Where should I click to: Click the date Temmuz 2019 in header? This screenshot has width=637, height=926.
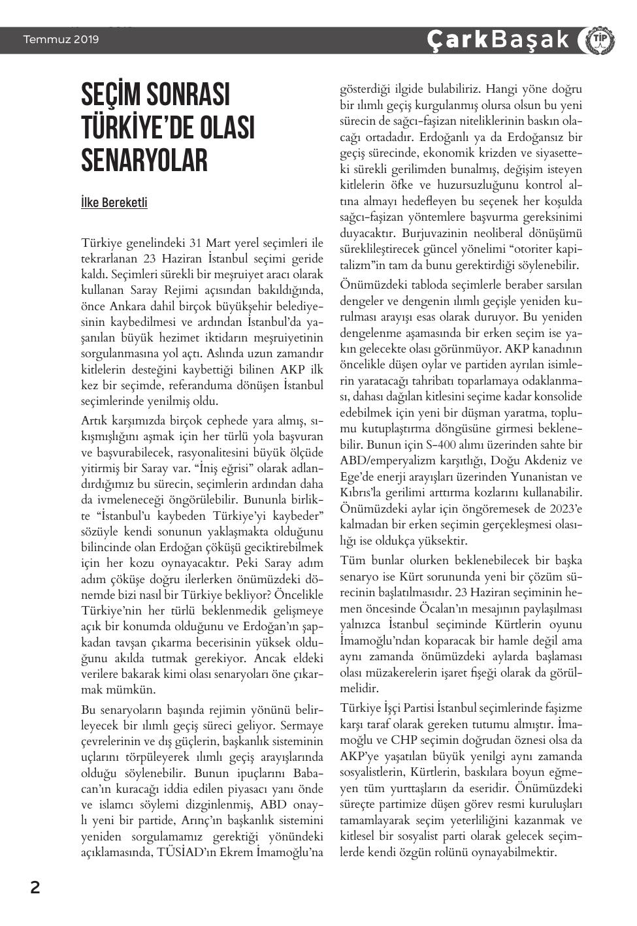(61, 40)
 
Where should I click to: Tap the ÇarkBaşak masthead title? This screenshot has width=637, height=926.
(498, 40)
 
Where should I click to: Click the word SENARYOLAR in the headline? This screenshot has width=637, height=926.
(144, 160)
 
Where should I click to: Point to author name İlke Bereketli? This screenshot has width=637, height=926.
(114, 202)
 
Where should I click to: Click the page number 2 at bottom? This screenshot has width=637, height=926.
(35, 887)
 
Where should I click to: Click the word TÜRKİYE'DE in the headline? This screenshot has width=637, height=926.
(167, 128)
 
